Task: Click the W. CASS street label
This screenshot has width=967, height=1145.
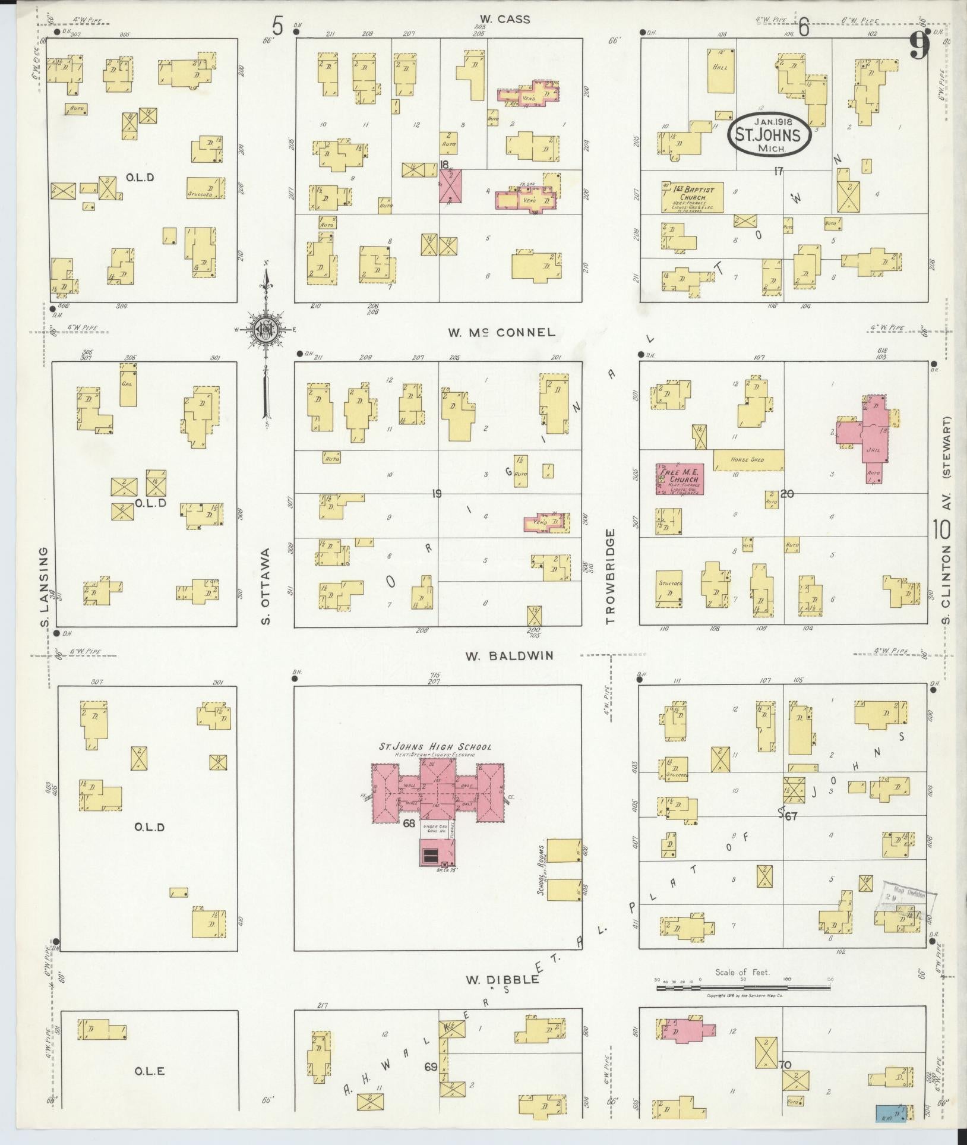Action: [505, 20]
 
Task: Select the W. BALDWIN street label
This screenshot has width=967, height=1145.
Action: [509, 655]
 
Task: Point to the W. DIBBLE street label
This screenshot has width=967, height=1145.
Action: [501, 979]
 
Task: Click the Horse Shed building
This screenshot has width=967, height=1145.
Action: [748, 459]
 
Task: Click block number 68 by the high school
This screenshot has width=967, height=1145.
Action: [409, 823]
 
